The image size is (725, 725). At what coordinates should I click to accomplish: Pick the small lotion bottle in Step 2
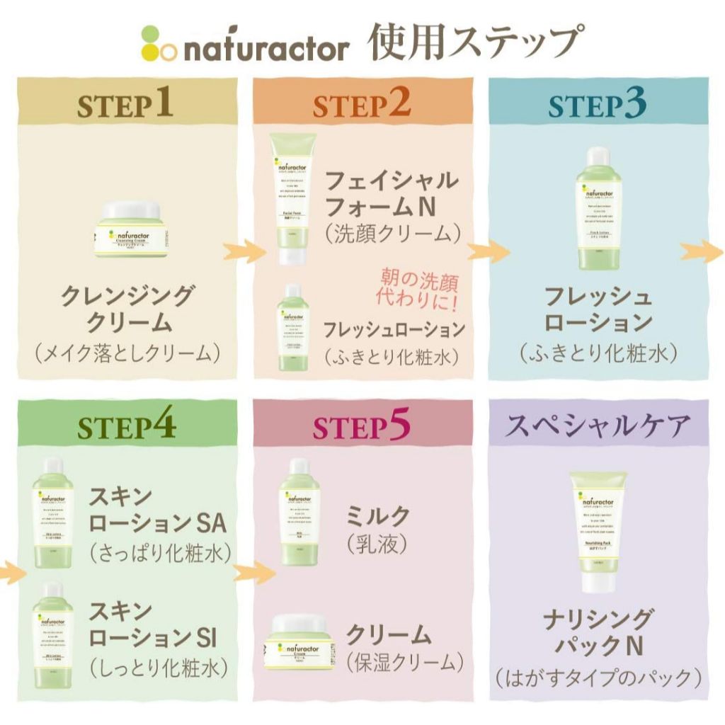point(292,323)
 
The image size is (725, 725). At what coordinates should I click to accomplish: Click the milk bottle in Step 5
point(299,510)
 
